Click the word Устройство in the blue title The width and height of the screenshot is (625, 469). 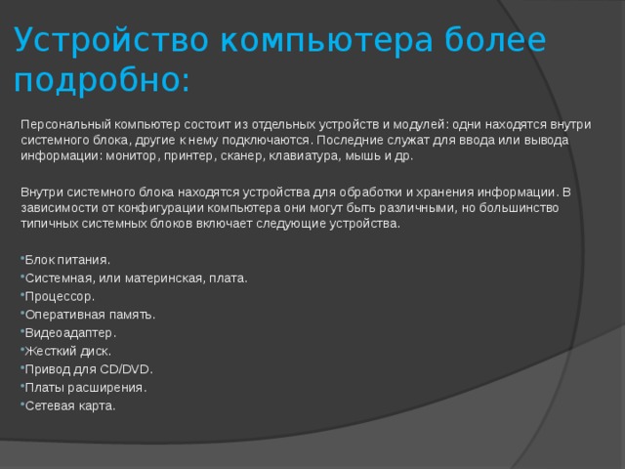tap(111, 40)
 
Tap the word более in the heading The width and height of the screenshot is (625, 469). tap(495, 40)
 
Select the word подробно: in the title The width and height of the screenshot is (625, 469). tap(102, 80)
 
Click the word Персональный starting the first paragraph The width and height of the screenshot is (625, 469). tap(65, 125)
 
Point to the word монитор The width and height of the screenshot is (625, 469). tap(133, 156)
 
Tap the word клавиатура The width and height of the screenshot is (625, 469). tap(305, 156)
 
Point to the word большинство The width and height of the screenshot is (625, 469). tap(519, 208)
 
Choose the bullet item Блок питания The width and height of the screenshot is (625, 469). tap(67, 260)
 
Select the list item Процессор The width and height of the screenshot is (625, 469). tap(60, 297)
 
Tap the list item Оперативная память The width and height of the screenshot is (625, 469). tap(90, 315)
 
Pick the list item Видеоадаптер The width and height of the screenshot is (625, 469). tap(70, 333)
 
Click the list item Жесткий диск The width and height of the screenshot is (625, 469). tap(67, 352)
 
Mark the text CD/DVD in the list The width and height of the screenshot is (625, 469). tap(126, 369)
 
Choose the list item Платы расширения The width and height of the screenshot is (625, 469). tap(86, 388)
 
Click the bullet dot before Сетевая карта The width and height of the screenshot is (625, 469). tap(22, 404)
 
